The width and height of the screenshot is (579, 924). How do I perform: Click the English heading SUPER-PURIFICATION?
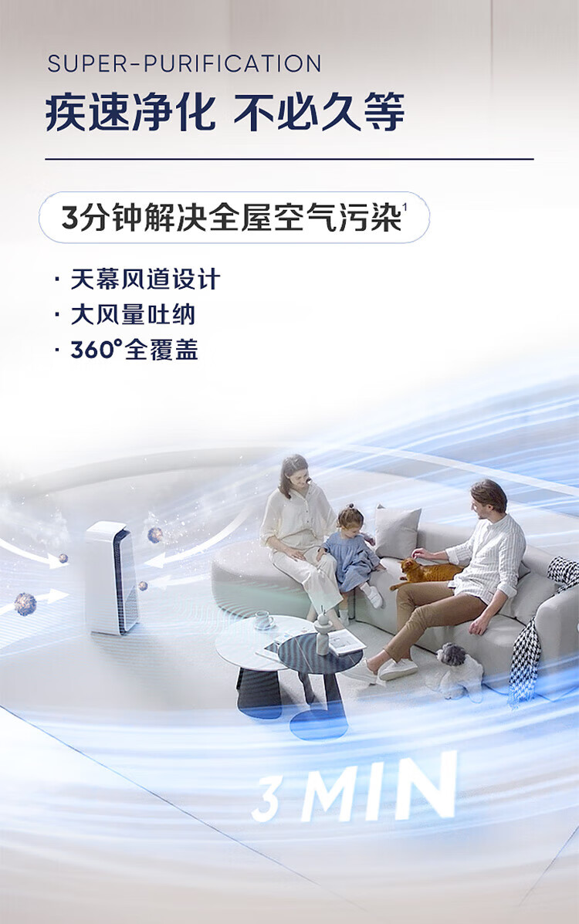tap(184, 63)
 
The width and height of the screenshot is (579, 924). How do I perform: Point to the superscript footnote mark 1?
tap(405, 205)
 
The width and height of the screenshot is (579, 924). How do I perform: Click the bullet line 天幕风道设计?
tap(145, 279)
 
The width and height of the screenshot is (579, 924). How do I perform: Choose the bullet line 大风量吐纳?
tap(133, 315)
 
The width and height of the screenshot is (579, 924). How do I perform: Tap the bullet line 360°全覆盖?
tap(134, 350)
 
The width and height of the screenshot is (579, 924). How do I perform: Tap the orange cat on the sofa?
tap(425, 570)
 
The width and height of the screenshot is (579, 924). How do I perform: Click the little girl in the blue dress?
tap(353, 554)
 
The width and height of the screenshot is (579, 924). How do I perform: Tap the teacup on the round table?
tap(263, 619)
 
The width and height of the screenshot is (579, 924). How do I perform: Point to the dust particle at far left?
tap(25, 604)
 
